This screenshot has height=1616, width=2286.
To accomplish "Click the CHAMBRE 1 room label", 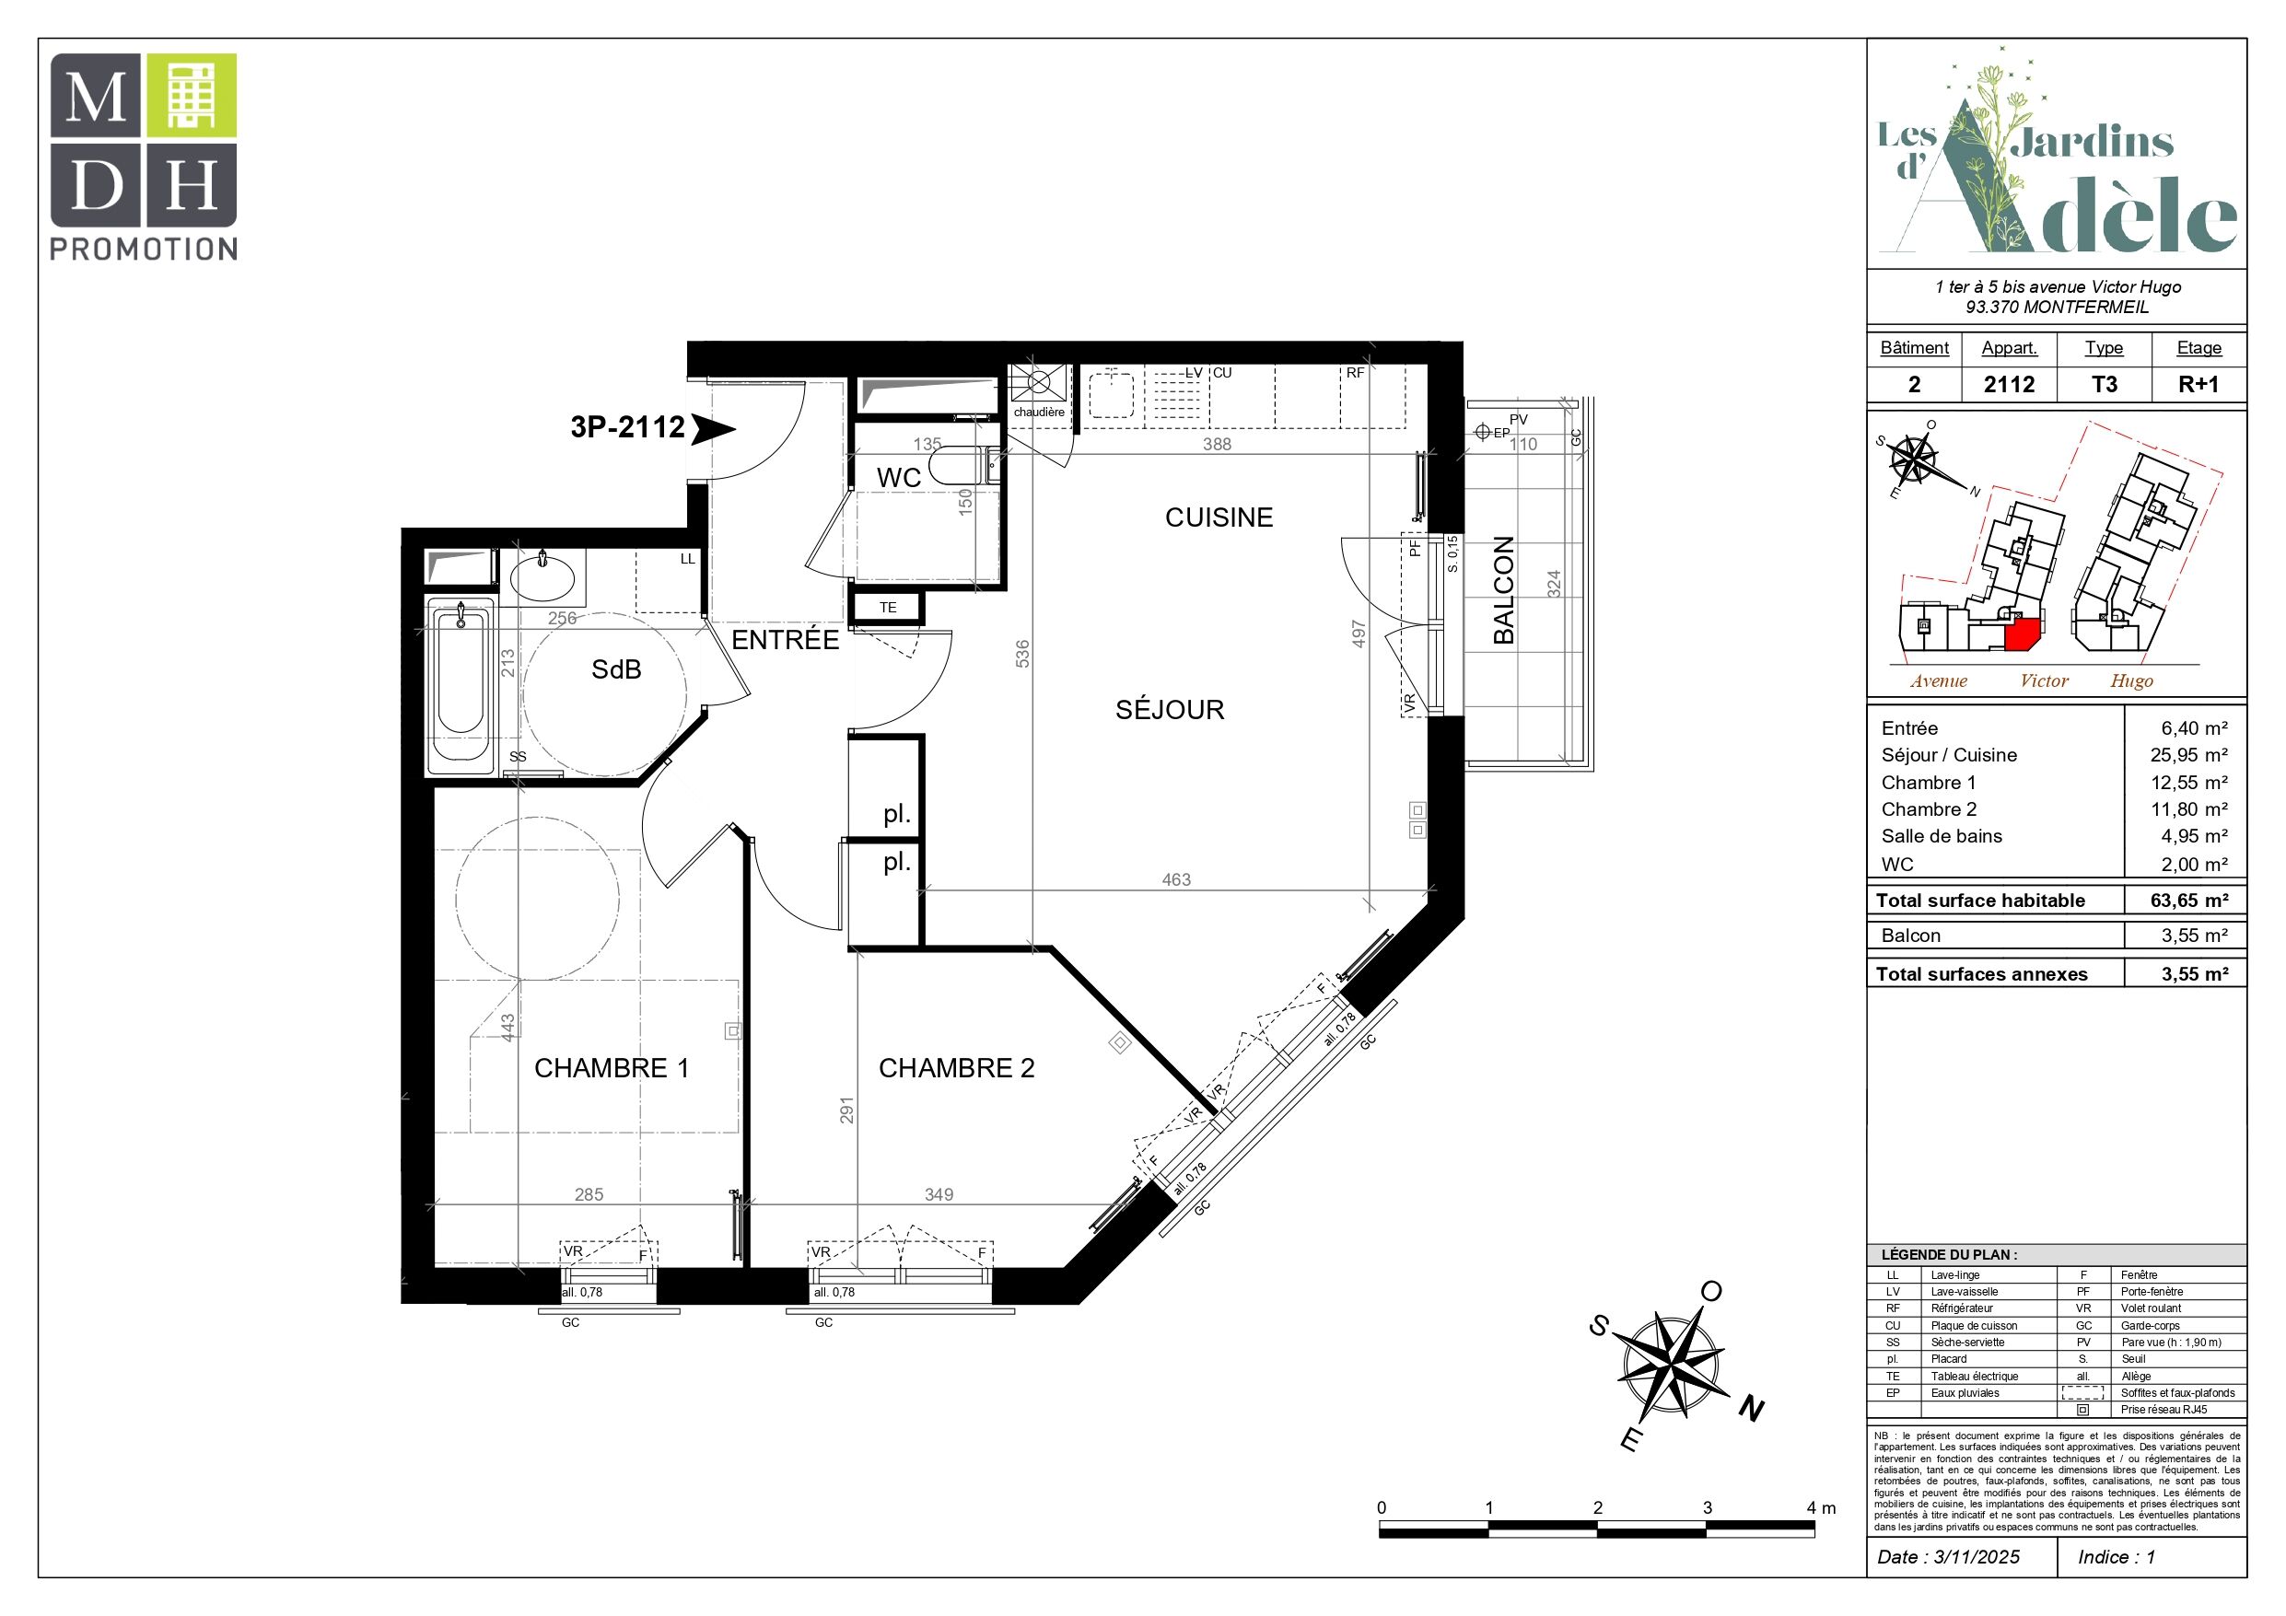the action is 612,1067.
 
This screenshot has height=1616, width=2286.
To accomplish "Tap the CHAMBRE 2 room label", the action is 956,1067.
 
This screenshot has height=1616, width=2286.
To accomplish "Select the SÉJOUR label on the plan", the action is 1170,709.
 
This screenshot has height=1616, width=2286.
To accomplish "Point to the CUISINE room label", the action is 1219,517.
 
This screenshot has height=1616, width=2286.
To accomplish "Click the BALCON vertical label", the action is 1503,589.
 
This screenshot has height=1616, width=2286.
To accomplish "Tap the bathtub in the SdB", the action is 460,685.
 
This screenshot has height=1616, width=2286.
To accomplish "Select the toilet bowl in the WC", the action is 958,465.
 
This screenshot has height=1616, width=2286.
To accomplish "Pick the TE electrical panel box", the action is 887,608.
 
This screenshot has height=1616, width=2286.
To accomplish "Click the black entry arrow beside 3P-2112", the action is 713,429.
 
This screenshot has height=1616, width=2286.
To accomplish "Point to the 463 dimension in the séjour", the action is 1176,879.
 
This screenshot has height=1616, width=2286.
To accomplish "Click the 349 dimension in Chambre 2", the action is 939,1194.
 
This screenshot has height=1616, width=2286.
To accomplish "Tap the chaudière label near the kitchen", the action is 1038,413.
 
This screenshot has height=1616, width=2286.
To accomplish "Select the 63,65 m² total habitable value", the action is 2188,901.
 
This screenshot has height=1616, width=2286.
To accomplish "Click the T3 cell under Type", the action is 2104,384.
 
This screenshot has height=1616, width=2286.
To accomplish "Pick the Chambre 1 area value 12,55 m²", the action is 2188,783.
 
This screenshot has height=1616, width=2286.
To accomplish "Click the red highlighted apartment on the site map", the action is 2024,634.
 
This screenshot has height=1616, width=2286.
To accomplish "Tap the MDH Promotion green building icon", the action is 192,95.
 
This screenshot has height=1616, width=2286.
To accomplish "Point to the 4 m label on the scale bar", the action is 1821,1507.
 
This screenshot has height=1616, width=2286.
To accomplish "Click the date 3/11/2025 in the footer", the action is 1977,1557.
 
